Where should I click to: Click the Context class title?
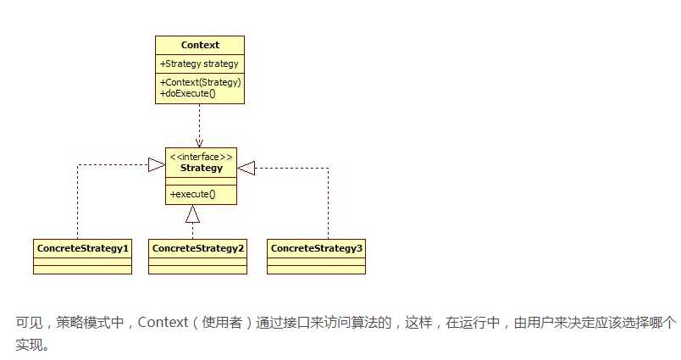[200, 45]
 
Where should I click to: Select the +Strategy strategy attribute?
[198, 63]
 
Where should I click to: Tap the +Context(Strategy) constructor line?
[201, 82]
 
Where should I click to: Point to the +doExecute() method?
[188, 93]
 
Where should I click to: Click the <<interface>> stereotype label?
[201, 157]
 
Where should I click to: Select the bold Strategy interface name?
[201, 168]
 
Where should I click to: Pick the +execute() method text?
[193, 194]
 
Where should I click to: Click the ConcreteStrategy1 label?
[82, 248]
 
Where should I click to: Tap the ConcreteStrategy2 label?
[197, 248]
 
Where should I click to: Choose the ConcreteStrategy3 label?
[316, 248]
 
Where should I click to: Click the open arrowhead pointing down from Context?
[200, 141]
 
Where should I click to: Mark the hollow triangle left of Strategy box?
[156, 166]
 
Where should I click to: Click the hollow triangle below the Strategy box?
[193, 213]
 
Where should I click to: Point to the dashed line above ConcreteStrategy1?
[77, 203]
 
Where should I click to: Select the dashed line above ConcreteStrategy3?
[329, 203]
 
